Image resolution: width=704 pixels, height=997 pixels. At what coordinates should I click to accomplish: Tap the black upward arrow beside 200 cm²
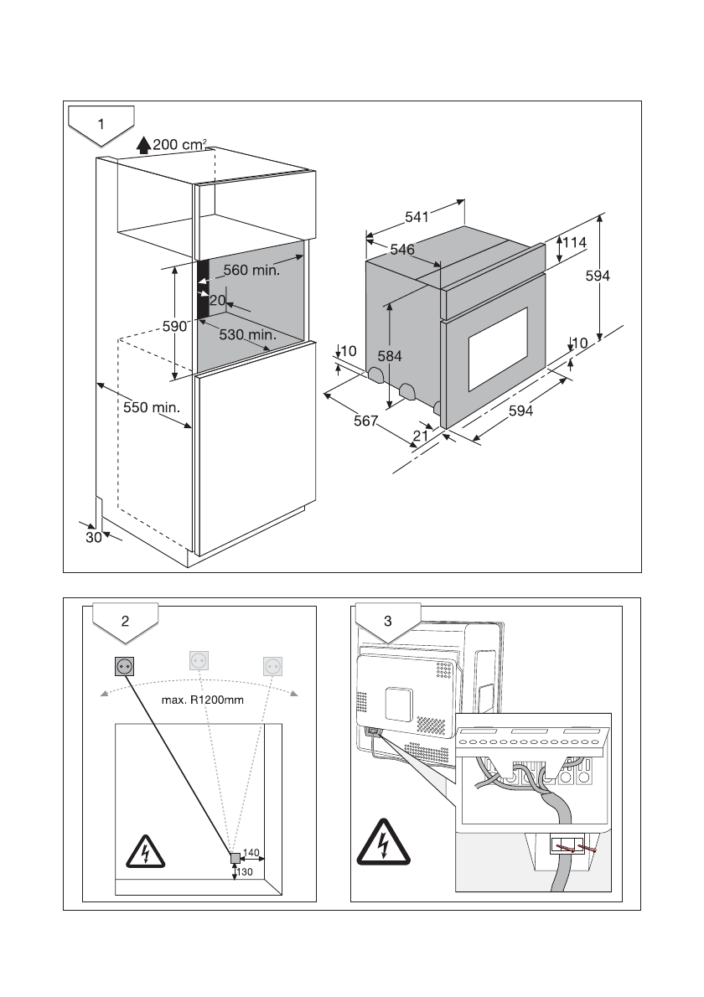[x=143, y=145]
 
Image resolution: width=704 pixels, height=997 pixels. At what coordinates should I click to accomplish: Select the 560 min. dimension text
[x=251, y=271]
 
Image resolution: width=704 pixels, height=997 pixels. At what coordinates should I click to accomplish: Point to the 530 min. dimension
[x=247, y=335]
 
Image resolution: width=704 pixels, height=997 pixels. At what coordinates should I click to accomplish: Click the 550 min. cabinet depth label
[x=152, y=408]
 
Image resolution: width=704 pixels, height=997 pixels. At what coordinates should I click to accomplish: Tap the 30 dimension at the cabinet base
[x=93, y=538]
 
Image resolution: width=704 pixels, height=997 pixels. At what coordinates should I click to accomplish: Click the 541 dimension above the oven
[x=417, y=217]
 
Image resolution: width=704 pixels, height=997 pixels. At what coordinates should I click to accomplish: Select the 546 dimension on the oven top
[x=402, y=249]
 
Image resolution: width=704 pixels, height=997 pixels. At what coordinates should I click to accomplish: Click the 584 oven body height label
[x=389, y=356]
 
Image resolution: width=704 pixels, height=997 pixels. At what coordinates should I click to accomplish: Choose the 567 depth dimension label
[x=365, y=421]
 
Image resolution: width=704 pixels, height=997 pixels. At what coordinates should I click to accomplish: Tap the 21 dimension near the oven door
[x=421, y=436]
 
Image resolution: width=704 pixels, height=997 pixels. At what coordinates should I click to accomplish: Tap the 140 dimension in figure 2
[x=251, y=852]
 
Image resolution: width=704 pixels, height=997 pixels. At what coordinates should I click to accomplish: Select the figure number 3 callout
[x=386, y=621]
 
